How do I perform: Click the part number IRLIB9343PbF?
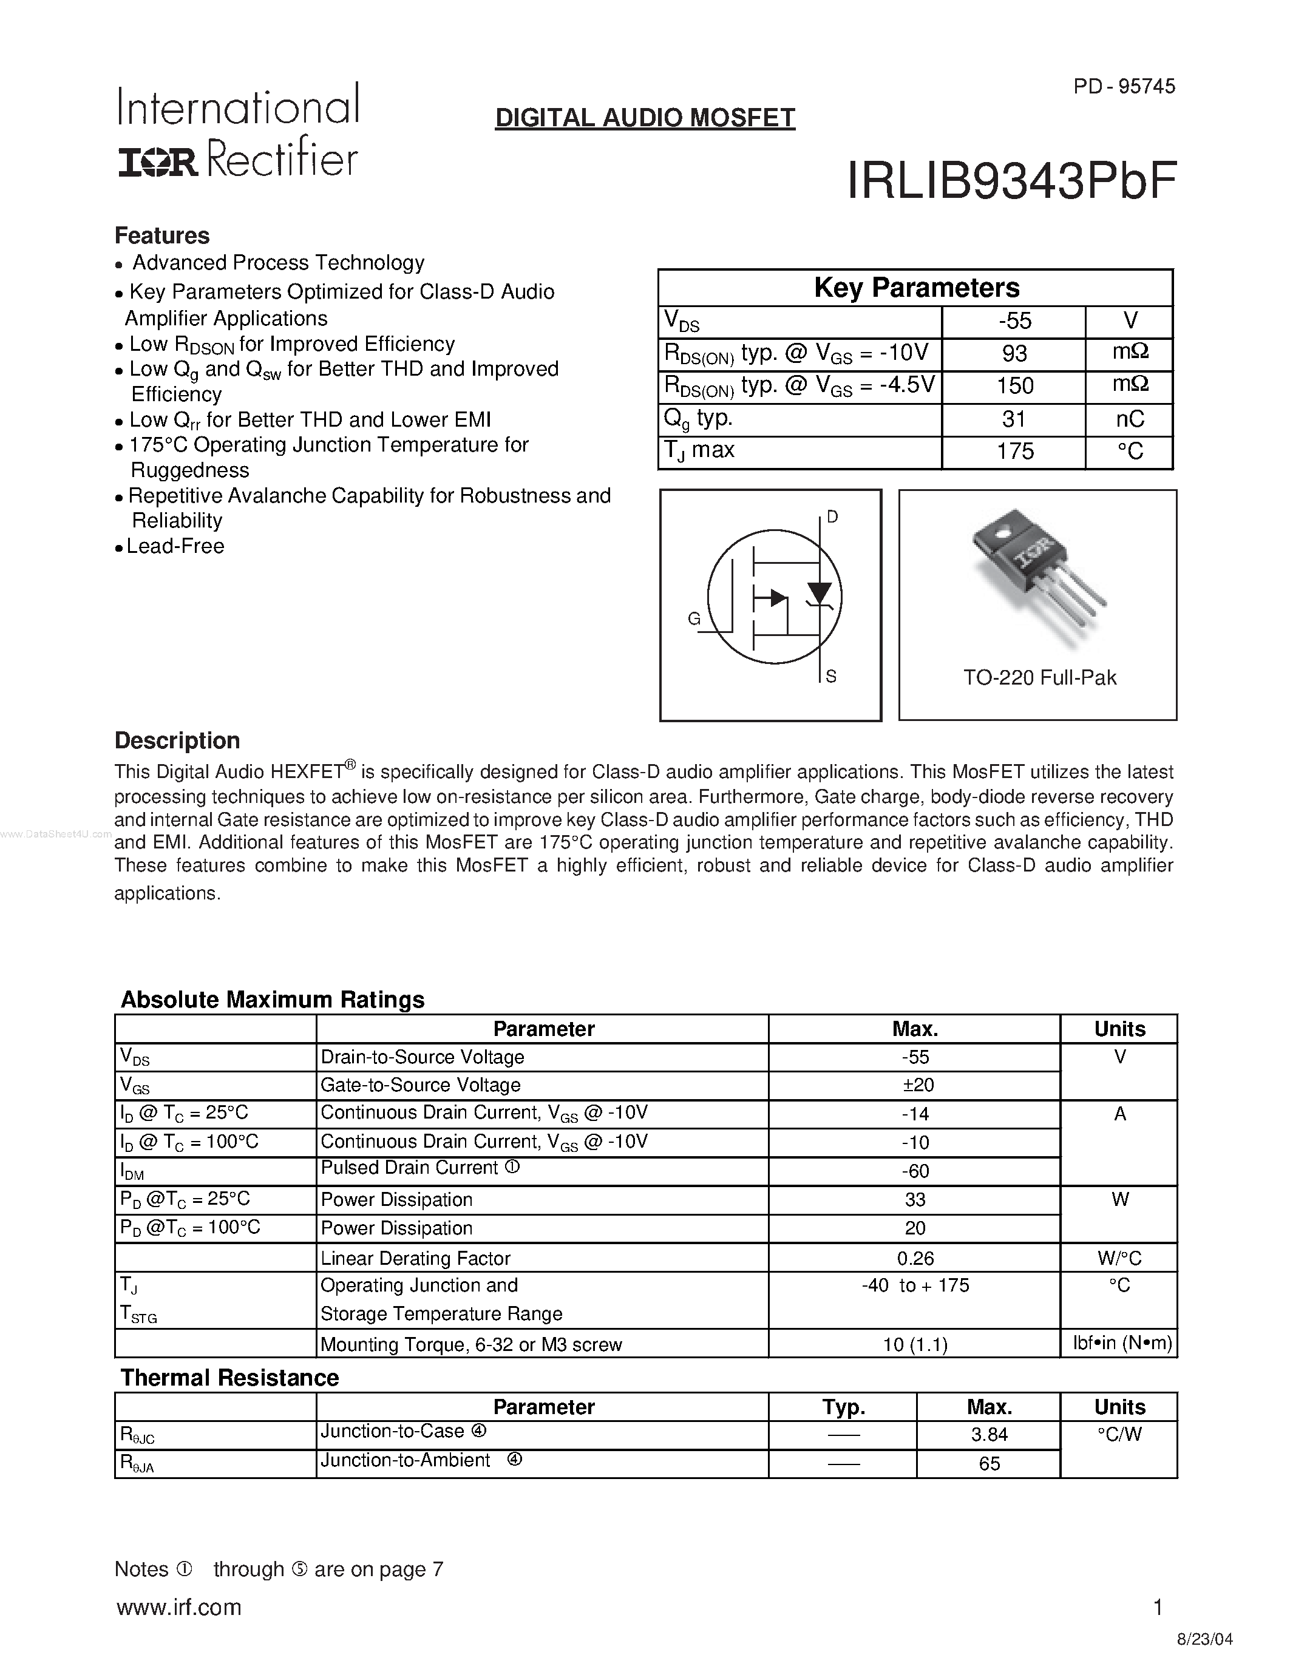pyautogui.click(x=1011, y=182)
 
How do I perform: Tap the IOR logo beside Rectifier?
pyautogui.click(x=157, y=161)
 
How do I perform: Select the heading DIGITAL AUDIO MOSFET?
pyautogui.click(x=645, y=118)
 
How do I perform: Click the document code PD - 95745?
pyautogui.click(x=1124, y=86)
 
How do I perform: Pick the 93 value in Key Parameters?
pyautogui.click(x=1014, y=354)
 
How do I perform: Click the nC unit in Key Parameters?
pyautogui.click(x=1130, y=419)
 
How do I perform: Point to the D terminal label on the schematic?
pyautogui.click(x=832, y=517)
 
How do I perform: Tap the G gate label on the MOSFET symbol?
pyautogui.click(x=694, y=619)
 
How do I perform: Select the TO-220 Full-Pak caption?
pyautogui.click(x=1039, y=678)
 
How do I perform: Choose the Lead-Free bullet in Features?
pyautogui.click(x=175, y=546)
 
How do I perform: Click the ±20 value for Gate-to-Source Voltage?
pyautogui.click(x=915, y=1085)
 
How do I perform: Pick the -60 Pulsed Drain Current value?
pyautogui.click(x=915, y=1171)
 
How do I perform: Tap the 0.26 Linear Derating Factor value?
pyautogui.click(x=915, y=1258)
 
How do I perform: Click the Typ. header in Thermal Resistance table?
pyautogui.click(x=843, y=1407)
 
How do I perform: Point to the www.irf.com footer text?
pyautogui.click(x=179, y=1607)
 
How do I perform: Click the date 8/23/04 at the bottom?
pyautogui.click(x=1204, y=1639)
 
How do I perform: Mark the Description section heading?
pyautogui.click(x=177, y=740)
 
